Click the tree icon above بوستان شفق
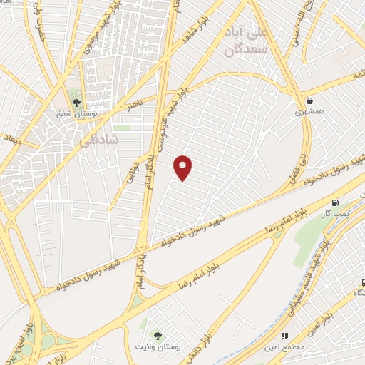click(x=76, y=102)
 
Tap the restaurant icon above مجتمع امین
click(x=284, y=335)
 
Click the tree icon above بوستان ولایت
click(x=157, y=334)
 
